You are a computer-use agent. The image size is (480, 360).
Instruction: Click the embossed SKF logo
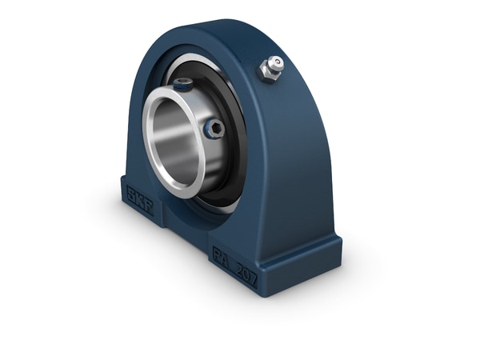140,195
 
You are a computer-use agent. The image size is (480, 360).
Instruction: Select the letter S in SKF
130,190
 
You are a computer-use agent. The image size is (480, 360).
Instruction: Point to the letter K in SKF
140,195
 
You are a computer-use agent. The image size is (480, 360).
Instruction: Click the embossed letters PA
222,256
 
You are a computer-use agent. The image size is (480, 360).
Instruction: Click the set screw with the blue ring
214,128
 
